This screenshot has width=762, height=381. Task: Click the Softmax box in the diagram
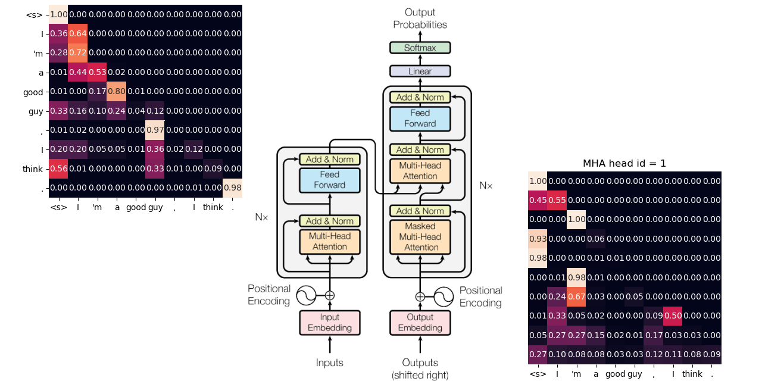pyautogui.click(x=420, y=47)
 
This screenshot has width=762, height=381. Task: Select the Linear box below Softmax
pyautogui.click(x=420, y=71)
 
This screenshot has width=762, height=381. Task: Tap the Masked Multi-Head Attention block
pyautogui.click(x=420, y=236)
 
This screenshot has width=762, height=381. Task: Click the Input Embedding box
pyautogui.click(x=329, y=322)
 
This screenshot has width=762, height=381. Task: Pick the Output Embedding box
pyautogui.click(x=420, y=322)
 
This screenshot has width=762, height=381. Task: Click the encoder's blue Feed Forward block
pyautogui.click(x=329, y=179)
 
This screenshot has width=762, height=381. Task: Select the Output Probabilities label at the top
pyautogui.click(x=420, y=18)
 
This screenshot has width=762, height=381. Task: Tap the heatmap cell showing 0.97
pyautogui.click(x=155, y=130)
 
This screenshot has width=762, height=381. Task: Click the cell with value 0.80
pyautogui.click(x=117, y=91)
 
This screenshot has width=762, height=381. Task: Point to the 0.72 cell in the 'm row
pyautogui.click(x=78, y=53)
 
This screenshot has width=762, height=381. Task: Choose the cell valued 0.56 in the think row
pyautogui.click(x=58, y=168)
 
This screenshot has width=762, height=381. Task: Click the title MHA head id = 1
pyautogui.click(x=624, y=163)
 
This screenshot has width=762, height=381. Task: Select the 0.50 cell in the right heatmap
pyautogui.click(x=673, y=316)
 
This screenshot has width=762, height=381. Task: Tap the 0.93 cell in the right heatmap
pyautogui.click(x=538, y=239)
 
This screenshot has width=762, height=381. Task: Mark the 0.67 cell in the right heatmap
pyautogui.click(x=576, y=296)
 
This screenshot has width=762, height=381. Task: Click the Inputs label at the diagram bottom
pyautogui.click(x=329, y=363)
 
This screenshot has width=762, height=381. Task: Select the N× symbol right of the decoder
pyautogui.click(x=486, y=185)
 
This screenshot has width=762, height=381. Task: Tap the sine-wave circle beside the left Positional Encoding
pyautogui.click(x=306, y=295)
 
